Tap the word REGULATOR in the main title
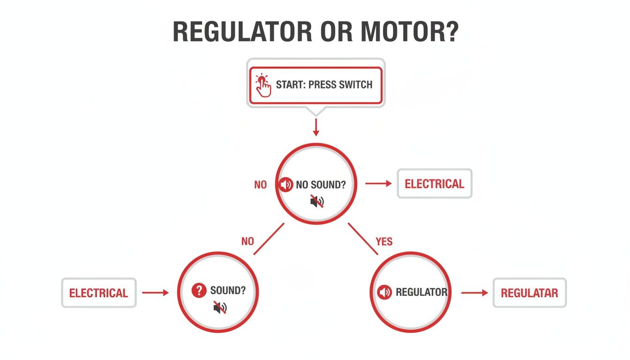click(x=242, y=32)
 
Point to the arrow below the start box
click(x=315, y=127)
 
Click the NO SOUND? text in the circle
click(x=321, y=185)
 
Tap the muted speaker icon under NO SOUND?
click(x=317, y=202)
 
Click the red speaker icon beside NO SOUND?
click(x=285, y=185)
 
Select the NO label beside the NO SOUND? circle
click(x=260, y=185)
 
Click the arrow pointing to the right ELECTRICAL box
click(x=378, y=184)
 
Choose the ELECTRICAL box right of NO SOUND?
click(x=435, y=184)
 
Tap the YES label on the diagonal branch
click(x=384, y=241)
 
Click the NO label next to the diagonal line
click(x=247, y=241)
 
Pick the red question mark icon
click(x=199, y=291)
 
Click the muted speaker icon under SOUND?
click(x=220, y=307)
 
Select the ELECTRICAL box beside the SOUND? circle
click(x=98, y=293)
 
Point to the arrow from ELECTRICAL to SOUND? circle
click(x=155, y=293)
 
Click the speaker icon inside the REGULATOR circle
click(x=384, y=292)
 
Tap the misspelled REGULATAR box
click(x=529, y=293)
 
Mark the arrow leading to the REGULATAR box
click(x=474, y=293)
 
